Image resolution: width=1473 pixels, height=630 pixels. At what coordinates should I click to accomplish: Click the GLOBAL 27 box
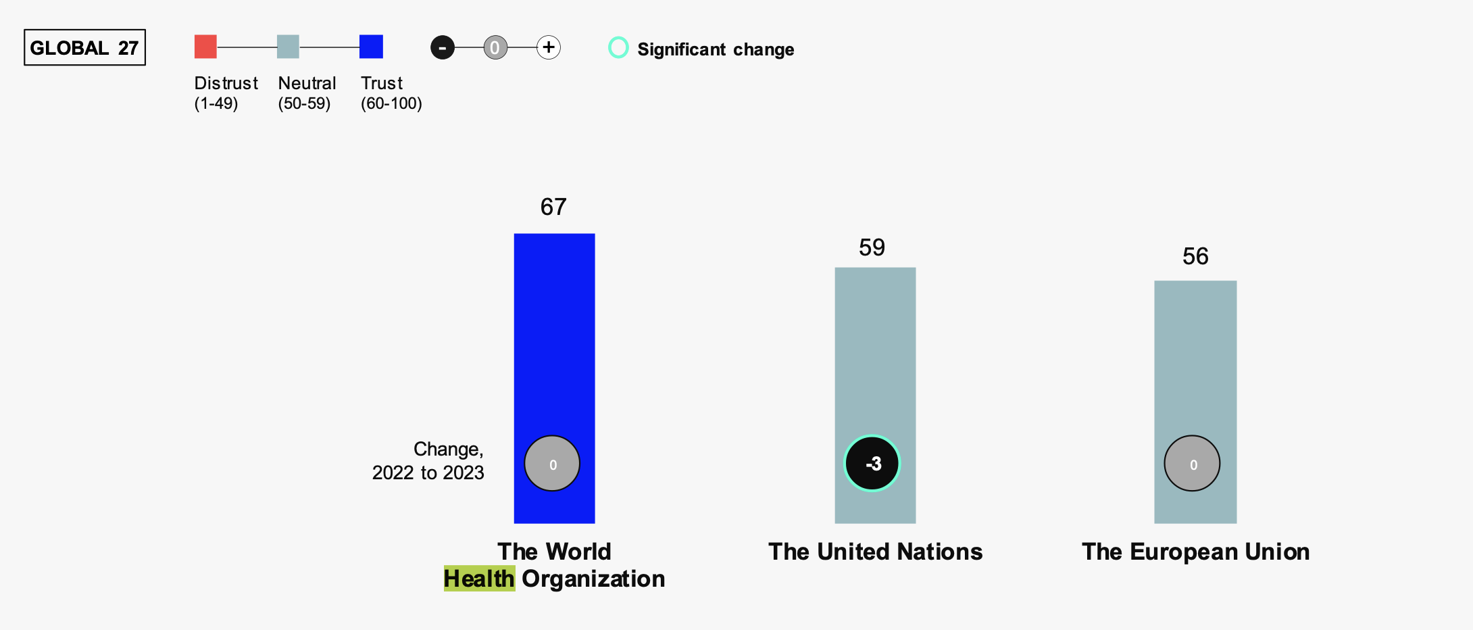pyautogui.click(x=84, y=47)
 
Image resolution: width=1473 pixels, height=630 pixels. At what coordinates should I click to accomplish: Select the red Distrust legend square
pyautogui.click(x=205, y=47)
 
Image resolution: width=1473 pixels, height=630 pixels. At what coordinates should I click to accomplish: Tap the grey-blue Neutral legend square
pyautogui.click(x=288, y=47)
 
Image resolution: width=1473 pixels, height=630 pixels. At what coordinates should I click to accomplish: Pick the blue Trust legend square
pyautogui.click(x=371, y=47)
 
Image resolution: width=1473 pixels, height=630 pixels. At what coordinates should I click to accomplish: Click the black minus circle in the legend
pyautogui.click(x=443, y=47)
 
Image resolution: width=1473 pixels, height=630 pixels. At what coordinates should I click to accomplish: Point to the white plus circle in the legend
pyautogui.click(x=549, y=47)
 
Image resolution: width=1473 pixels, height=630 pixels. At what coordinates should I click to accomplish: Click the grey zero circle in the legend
pyautogui.click(x=495, y=47)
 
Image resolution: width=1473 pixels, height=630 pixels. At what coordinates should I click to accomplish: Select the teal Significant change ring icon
pyautogui.click(x=618, y=47)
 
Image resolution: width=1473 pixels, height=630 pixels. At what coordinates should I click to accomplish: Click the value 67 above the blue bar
pyautogui.click(x=553, y=207)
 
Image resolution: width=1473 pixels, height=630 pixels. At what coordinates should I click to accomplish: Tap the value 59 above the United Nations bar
pyautogui.click(x=872, y=247)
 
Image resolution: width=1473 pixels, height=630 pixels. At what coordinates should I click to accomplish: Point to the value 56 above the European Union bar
pyautogui.click(x=1195, y=256)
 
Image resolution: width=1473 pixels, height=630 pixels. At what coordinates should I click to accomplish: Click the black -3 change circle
pyautogui.click(x=872, y=463)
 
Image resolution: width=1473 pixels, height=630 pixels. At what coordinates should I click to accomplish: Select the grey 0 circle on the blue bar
pyautogui.click(x=552, y=464)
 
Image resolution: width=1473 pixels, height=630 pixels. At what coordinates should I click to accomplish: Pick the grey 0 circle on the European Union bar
pyautogui.click(x=1192, y=464)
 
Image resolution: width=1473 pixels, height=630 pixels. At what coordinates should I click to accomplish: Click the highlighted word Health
pyautogui.click(x=479, y=579)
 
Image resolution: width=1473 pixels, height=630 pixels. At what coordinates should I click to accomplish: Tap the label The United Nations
pyautogui.click(x=875, y=552)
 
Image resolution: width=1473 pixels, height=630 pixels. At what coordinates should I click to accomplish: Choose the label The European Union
pyautogui.click(x=1195, y=552)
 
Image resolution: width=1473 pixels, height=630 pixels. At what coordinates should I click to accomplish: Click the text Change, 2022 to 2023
pyautogui.click(x=428, y=460)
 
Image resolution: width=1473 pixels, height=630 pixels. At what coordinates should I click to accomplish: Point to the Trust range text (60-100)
pyautogui.click(x=391, y=103)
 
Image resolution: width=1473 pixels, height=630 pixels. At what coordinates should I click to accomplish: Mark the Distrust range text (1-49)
pyautogui.click(x=216, y=103)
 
